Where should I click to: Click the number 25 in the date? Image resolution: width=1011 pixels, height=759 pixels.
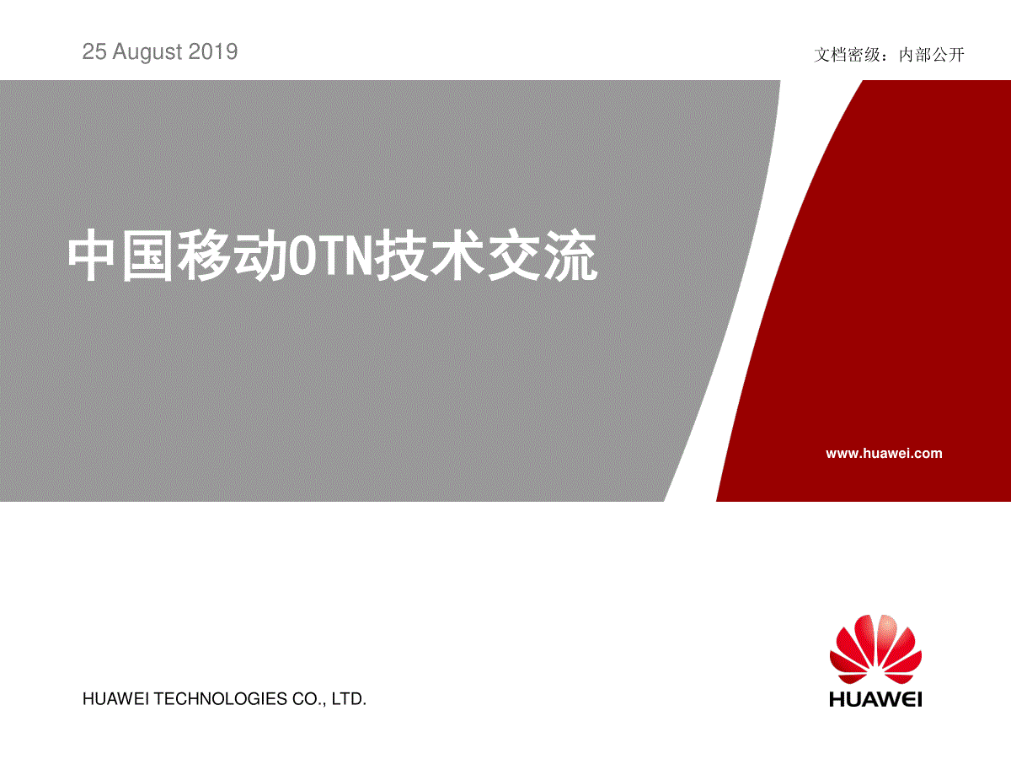pyautogui.click(x=94, y=51)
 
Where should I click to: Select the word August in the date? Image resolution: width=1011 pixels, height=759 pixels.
pyautogui.click(x=147, y=52)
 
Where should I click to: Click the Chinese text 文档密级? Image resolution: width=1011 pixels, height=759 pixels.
pyautogui.click(x=847, y=55)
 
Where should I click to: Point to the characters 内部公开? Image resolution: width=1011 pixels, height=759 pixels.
pyautogui.click(x=931, y=55)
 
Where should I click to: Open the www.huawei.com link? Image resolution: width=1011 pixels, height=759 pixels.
pyautogui.click(x=884, y=454)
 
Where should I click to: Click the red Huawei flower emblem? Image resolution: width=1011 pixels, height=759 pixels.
pyautogui.click(x=875, y=649)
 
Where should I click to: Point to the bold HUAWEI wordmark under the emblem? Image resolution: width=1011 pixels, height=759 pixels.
pyautogui.click(x=875, y=699)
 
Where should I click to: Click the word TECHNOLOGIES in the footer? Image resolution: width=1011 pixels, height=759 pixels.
pyautogui.click(x=220, y=699)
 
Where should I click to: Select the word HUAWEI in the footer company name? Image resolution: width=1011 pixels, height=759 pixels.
pyautogui.click(x=115, y=699)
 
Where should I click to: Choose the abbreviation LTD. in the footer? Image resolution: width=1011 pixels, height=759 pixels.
pyautogui.click(x=349, y=699)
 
